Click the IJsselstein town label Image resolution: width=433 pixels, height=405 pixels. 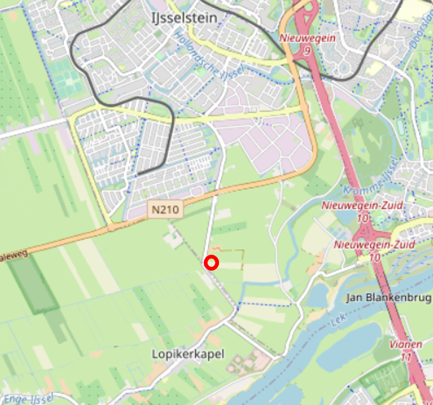click(185, 18)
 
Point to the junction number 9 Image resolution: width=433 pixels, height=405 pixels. click(307, 50)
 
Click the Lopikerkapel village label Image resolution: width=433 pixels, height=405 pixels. click(188, 353)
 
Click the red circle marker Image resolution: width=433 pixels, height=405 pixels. click(211, 262)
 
